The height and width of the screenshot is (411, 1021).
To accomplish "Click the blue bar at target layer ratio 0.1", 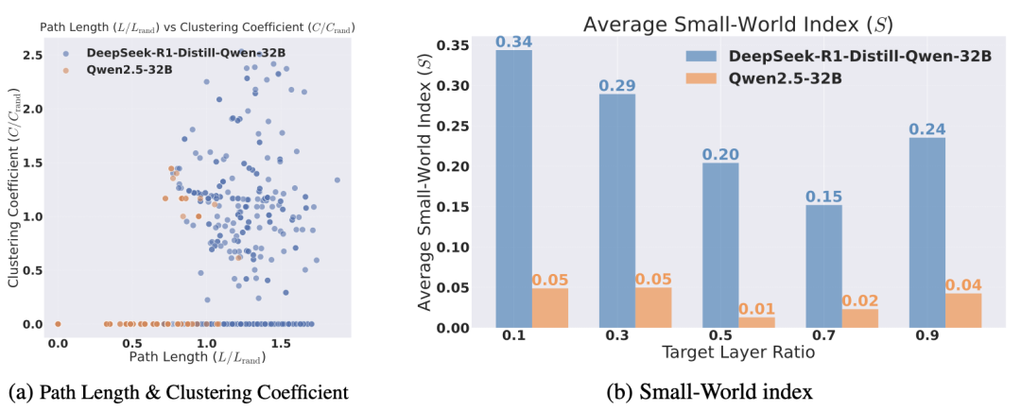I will (x=513, y=189).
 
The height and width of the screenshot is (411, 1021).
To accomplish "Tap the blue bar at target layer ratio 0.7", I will (x=823, y=266).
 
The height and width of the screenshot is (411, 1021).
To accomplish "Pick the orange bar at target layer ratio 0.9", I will (x=963, y=310).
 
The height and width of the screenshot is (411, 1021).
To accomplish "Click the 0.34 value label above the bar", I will (x=513, y=41).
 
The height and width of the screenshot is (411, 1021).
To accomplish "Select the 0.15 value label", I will (x=823, y=196).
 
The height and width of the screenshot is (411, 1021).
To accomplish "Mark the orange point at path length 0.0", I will (x=58, y=323).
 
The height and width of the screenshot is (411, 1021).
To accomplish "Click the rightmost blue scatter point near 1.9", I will (x=337, y=180).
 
